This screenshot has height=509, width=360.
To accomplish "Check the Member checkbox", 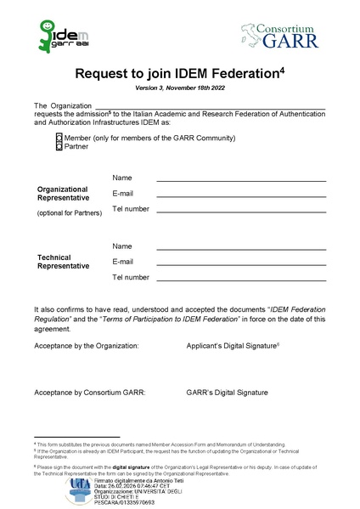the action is [59, 138].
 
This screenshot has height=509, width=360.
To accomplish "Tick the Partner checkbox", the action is [59, 146].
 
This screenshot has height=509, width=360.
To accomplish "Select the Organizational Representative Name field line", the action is [241, 180].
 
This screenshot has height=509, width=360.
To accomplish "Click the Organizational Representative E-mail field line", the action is [241, 196].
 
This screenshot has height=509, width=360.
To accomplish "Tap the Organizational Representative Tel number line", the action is [241, 212].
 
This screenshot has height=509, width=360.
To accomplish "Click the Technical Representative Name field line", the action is [241, 248].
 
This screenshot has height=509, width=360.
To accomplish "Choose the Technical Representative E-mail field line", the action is [241, 264].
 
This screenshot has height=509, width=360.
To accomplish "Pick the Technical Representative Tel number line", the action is [241, 280].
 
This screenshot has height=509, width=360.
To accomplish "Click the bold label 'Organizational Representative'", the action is [63, 193].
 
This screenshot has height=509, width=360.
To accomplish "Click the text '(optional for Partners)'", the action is [69, 212].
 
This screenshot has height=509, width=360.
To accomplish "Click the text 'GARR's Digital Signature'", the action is [227, 393].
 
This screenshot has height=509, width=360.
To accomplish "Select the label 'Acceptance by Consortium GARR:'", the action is [90, 393].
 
